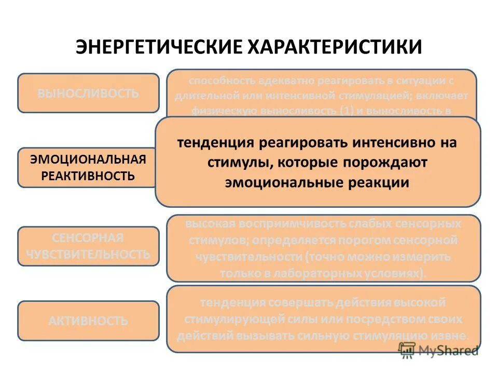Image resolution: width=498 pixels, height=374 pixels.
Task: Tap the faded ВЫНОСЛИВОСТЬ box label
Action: pyautogui.click(x=88, y=94)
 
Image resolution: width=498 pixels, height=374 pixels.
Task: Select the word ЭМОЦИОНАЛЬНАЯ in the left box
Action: pyautogui.click(x=88, y=159)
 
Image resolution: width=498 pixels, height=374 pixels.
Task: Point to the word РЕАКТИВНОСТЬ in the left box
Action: pyautogui.click(x=88, y=176)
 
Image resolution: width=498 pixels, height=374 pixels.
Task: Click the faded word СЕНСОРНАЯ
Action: pyautogui.click(x=88, y=238)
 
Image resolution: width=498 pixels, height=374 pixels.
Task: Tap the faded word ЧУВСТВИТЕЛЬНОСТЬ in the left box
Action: pyautogui.click(x=88, y=255)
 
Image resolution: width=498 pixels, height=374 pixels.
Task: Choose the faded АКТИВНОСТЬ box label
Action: pyautogui.click(x=88, y=321)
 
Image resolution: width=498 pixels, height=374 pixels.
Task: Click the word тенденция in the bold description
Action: pyautogui.click(x=212, y=142)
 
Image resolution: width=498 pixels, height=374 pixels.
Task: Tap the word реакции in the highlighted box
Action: pyautogui.click(x=377, y=182)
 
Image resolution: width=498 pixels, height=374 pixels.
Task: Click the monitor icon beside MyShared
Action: pyautogui.click(x=407, y=350)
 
